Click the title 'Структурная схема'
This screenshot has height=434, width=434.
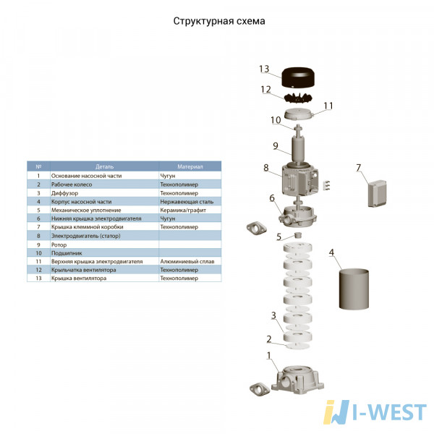coord(219,21)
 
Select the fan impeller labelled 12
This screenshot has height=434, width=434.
coord(298,98)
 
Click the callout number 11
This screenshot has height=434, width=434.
coord(328,106)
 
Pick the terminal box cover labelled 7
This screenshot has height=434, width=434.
coord(377,193)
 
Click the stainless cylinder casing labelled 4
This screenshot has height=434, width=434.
coord(354,289)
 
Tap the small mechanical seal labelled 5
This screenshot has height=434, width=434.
coord(298,235)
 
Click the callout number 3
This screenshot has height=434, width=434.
coord(273,315)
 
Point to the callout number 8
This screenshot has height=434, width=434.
coord(266,168)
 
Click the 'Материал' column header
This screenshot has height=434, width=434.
coord(190,166)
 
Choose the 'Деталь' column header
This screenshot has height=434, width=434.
coord(104,166)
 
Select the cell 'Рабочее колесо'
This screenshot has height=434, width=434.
coord(72,184)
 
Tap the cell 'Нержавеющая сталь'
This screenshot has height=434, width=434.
coord(187,202)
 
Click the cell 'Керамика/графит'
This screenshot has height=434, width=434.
coord(183,210)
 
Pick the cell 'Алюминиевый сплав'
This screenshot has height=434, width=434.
coord(187,261)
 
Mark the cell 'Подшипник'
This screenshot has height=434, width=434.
coord(67,253)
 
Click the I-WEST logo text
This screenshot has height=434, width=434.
coord(389,412)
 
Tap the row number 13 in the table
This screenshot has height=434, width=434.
coord(38,278)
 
